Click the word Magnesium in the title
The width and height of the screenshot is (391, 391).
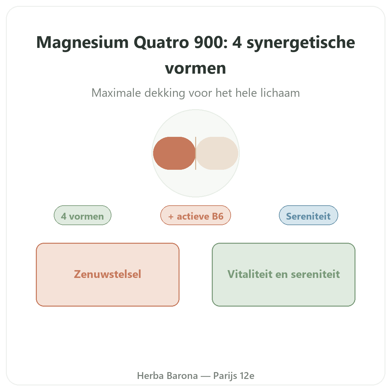pos(82,42)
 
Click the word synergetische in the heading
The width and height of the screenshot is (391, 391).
pos(301,43)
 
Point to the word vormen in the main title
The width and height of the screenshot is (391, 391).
pos(195,68)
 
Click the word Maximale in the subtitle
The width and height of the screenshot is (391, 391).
pos(116,93)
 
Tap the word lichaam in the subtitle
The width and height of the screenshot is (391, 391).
pos(280,93)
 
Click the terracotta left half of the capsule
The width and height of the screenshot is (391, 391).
pos(174,153)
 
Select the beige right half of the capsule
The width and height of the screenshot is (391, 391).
pos(217,153)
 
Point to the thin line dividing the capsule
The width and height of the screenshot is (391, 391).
pos(195,153)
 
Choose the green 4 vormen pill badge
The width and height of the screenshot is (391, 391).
pos(82,215)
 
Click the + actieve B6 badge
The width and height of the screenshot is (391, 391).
pos(195,215)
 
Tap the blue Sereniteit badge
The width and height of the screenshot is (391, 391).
pos(309,215)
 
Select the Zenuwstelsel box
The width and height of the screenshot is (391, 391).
pos(108,275)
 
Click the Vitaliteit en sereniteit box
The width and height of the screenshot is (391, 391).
pos(283,275)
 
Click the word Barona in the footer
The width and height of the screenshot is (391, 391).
pos(182,376)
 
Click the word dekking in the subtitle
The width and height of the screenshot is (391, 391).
pos(165,93)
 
